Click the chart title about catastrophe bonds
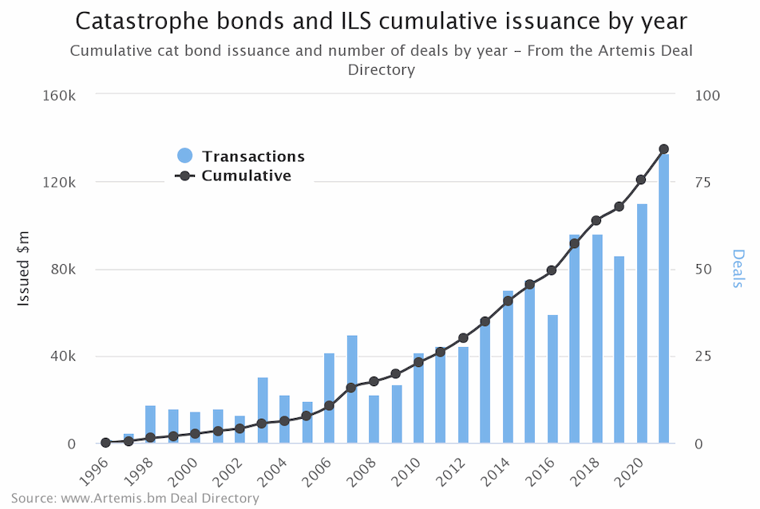point(380,21)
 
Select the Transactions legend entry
point(239,156)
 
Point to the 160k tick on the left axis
point(59,95)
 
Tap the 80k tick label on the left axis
point(62,270)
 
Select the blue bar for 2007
point(352,389)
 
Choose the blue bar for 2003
point(263,410)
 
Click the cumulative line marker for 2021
point(663,149)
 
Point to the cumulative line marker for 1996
point(106,442)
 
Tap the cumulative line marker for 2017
point(575,243)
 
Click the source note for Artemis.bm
point(135,499)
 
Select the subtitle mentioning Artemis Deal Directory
point(380,60)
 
